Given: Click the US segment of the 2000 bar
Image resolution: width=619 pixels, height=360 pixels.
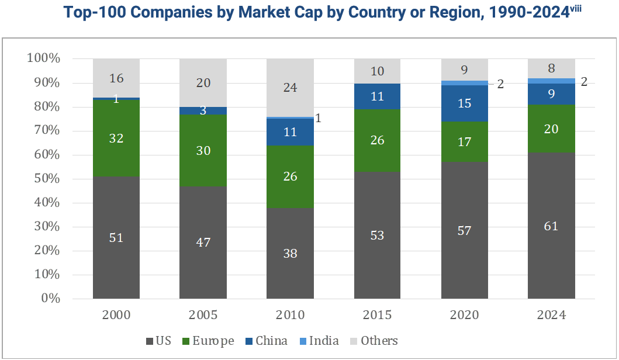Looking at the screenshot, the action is pos(116,238).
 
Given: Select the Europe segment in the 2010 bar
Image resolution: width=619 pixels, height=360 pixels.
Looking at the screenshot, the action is pos(290,177).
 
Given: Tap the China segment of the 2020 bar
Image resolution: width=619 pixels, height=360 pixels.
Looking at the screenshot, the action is pos(465,103).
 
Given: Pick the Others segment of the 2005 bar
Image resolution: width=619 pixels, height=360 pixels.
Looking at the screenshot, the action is pos(203,83).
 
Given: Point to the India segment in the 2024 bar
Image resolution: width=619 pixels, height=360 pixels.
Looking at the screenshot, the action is pos(552,81).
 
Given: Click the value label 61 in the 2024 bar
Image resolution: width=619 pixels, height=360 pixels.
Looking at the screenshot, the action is pos(551,226).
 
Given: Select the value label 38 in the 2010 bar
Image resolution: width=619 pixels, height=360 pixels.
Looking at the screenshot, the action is pos(290,254).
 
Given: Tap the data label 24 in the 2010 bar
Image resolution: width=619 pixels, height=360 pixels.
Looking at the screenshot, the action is pos(290,88).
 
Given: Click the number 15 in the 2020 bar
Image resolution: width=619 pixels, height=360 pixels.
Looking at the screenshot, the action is pos(465,103).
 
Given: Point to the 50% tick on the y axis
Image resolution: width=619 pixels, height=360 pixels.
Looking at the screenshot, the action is pos(47,178).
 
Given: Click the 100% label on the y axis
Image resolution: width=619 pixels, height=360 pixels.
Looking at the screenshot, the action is pos(43,58).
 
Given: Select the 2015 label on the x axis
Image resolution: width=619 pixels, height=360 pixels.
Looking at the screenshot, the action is pos(377,315).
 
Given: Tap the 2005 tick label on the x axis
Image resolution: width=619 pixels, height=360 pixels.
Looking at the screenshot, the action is pos(203,315).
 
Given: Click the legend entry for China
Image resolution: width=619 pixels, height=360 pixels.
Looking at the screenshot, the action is pos(267,341).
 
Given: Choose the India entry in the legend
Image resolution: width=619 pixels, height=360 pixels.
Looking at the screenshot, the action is pos(319,341).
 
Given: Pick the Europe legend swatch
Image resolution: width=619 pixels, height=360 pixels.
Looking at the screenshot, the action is pos(186,341).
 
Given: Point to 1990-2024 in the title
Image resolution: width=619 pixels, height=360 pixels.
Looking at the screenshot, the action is pos(529,13).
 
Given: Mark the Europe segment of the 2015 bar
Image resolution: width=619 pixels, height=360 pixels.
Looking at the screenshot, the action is pos(377,140).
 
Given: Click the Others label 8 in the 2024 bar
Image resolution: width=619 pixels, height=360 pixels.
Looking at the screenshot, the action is pos(552,69).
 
